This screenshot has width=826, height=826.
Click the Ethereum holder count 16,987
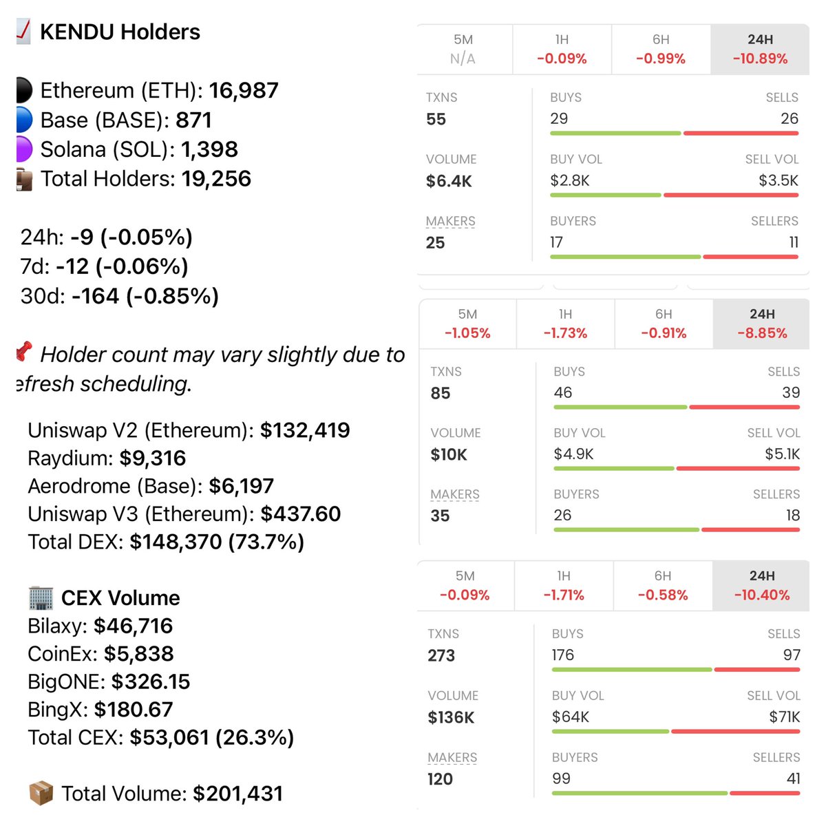(x=244, y=90)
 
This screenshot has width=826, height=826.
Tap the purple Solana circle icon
(x=24, y=149)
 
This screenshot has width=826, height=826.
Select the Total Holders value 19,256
(x=216, y=179)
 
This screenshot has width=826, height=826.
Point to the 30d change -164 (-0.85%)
(x=145, y=296)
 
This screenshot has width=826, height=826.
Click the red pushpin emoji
(x=25, y=351)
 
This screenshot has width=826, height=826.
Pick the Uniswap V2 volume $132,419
(x=305, y=430)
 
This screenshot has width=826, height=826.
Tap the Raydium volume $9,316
(x=152, y=458)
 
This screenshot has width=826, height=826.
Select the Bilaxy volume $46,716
(x=133, y=626)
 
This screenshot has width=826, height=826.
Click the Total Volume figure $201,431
(x=237, y=794)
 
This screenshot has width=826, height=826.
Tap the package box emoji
(x=41, y=793)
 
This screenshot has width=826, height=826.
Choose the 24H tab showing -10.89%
(x=760, y=49)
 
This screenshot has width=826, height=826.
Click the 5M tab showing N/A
(x=463, y=49)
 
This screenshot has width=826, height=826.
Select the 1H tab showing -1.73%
(x=565, y=324)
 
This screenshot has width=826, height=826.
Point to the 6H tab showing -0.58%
(x=662, y=586)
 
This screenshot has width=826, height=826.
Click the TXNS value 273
(x=441, y=655)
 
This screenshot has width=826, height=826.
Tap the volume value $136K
(x=451, y=717)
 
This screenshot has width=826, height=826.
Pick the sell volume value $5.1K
(x=782, y=454)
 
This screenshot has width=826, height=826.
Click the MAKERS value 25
(x=435, y=242)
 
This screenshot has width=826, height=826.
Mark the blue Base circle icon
(x=24, y=120)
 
